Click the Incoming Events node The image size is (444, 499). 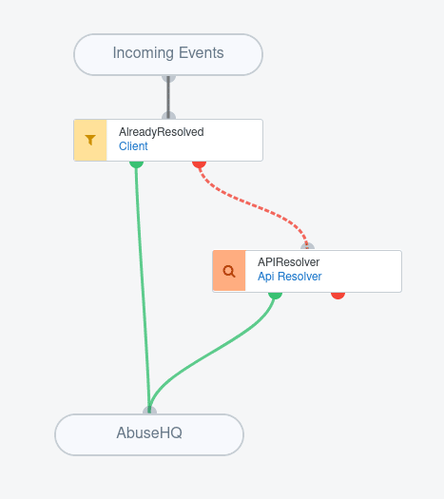coord(168,55)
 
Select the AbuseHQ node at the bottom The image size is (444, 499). coord(149,434)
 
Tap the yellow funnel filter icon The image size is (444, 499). coord(90,140)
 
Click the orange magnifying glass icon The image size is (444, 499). coord(229,271)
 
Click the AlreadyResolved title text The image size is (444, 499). coord(162,132)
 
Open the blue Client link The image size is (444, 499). coord(133,146)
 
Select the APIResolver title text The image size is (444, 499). coord(289,262)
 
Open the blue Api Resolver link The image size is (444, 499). coord(290,277)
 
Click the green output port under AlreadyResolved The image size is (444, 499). coord(136,164)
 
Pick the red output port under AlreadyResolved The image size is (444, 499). coord(200,164)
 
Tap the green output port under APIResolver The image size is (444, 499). coord(276,296)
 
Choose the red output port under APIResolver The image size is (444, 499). coord(338,296)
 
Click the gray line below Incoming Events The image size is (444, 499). coord(168,97)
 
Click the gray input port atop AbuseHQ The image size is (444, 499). coord(149,411)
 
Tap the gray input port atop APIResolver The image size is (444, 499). coord(307,247)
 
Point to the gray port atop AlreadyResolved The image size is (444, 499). coord(168,116)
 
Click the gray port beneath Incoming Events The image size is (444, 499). coord(168,79)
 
